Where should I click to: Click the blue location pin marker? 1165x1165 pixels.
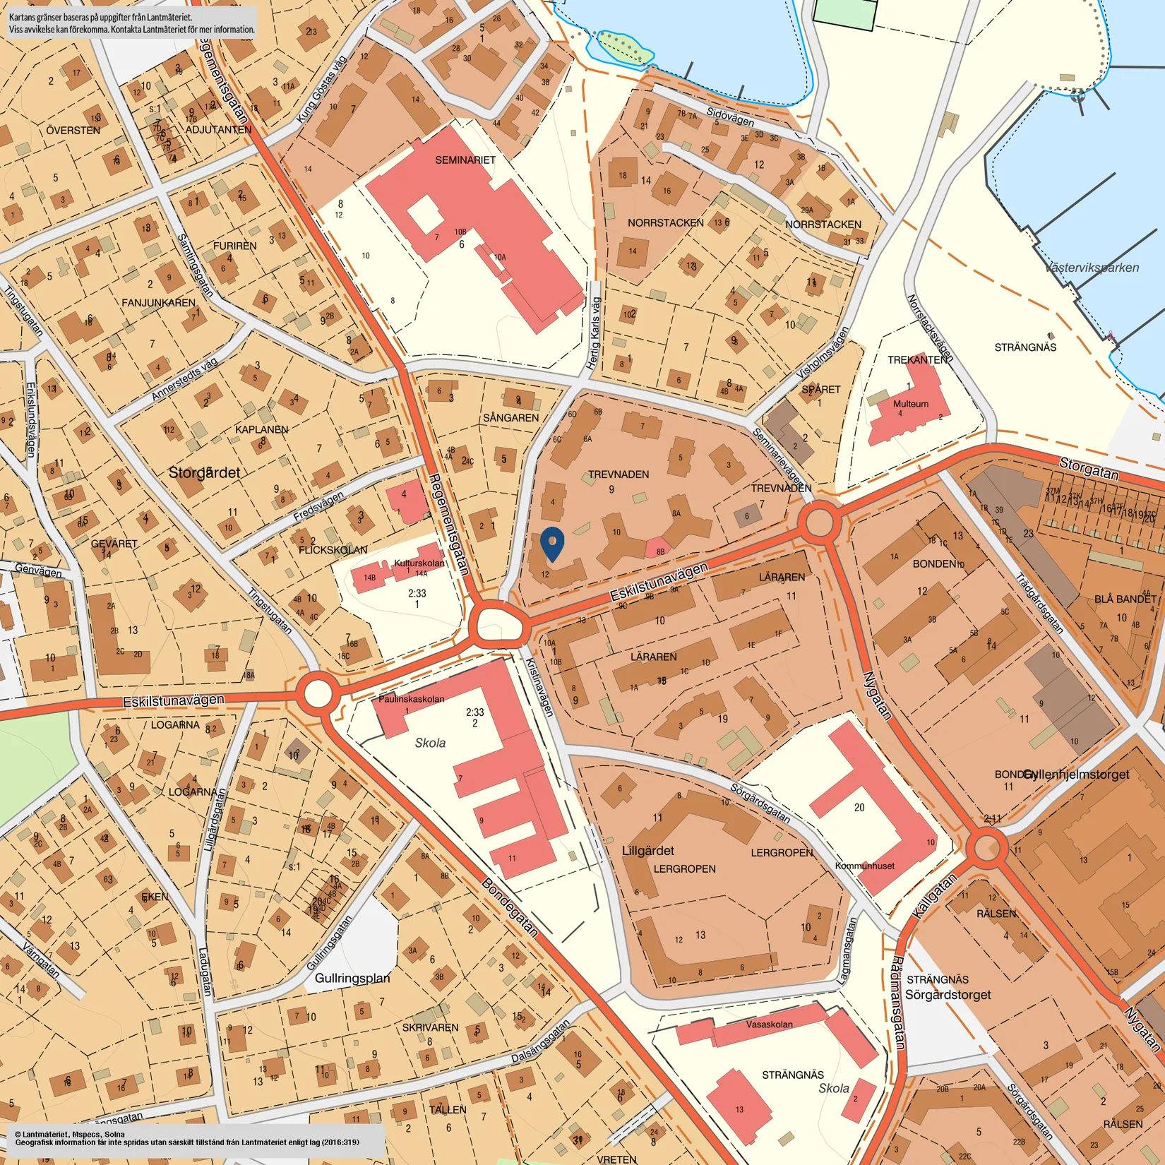[552, 544]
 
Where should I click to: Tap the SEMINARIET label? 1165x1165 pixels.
[465, 160]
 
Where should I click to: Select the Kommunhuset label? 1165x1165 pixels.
[864, 866]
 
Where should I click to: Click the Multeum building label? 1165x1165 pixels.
[911, 404]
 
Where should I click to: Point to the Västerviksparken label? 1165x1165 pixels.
[1092, 268]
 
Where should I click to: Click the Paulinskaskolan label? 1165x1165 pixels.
[411, 699]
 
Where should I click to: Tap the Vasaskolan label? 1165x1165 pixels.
[769, 1024]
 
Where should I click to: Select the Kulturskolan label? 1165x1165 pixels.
[419, 563]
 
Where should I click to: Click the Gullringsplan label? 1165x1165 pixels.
[352, 978]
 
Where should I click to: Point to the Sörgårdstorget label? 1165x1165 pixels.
[948, 995]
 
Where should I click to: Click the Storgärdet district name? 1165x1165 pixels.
[204, 472]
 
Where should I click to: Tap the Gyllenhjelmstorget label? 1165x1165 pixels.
[1076, 775]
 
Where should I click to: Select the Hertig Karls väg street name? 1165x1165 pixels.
[594, 333]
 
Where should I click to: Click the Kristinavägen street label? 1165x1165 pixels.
[539, 686]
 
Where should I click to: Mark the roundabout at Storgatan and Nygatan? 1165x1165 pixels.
[819, 523]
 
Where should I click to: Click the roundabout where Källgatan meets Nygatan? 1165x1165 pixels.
[986, 848]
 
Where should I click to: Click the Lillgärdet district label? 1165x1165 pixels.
[647, 851]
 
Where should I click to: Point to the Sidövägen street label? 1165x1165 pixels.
[730, 116]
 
